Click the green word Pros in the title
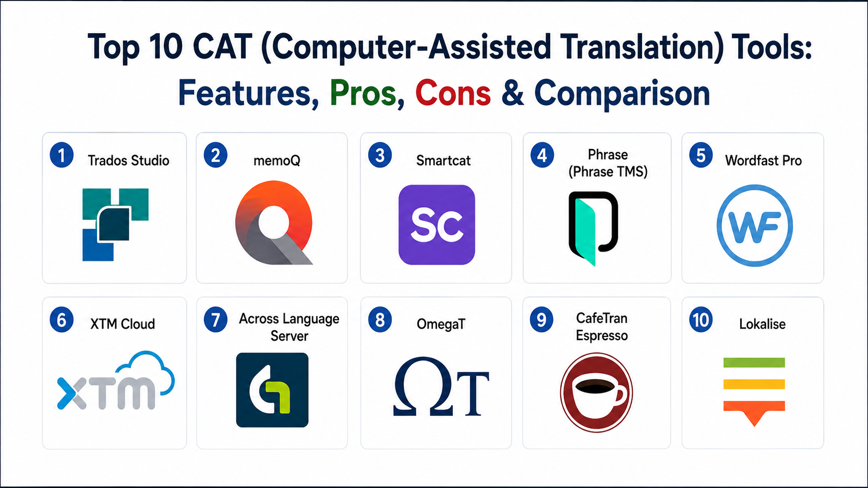coord(363,93)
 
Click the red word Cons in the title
coord(453,93)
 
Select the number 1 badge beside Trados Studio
coord(62,155)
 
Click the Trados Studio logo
coord(115,225)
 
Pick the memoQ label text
coord(277,160)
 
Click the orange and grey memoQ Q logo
coord(274,222)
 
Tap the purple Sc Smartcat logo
coord(437,225)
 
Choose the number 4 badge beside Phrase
coord(542,155)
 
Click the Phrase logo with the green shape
coord(593,228)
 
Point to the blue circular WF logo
coord(754,226)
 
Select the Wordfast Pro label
coord(763,160)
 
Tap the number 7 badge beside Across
coord(216,319)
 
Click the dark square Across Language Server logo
coord(272,390)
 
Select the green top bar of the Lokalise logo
coord(754,362)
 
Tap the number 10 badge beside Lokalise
coord(701,319)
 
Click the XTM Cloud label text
coord(123,324)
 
